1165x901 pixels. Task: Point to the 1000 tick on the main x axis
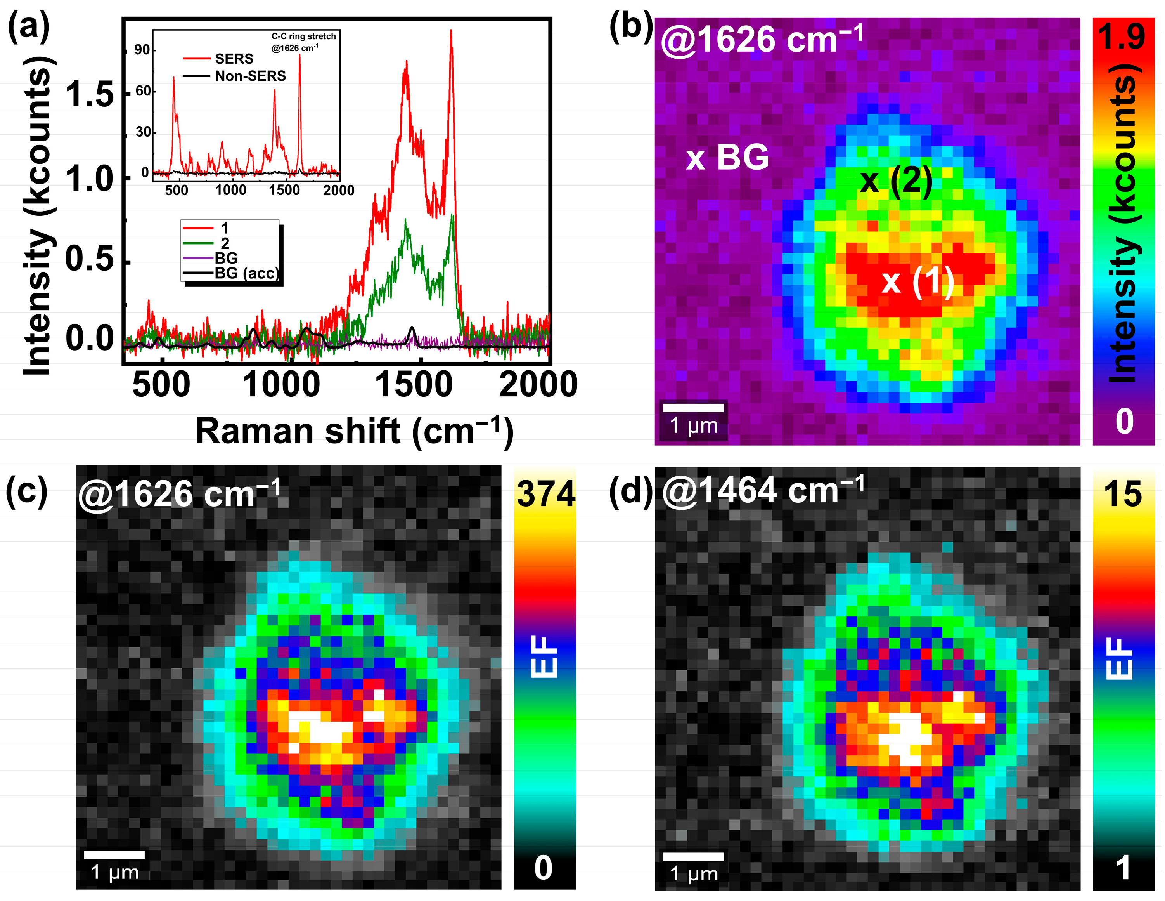point(281,385)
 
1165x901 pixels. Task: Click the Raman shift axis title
point(354,431)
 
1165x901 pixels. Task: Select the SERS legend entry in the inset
point(234,59)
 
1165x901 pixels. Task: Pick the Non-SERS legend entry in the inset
point(250,76)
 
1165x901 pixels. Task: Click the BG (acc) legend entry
point(246,273)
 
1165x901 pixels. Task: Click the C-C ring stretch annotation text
point(303,36)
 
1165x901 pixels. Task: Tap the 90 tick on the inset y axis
point(142,50)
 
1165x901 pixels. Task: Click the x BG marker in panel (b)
point(727,158)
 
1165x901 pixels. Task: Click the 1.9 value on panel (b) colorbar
point(1122,36)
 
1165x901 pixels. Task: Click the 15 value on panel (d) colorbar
point(1122,494)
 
